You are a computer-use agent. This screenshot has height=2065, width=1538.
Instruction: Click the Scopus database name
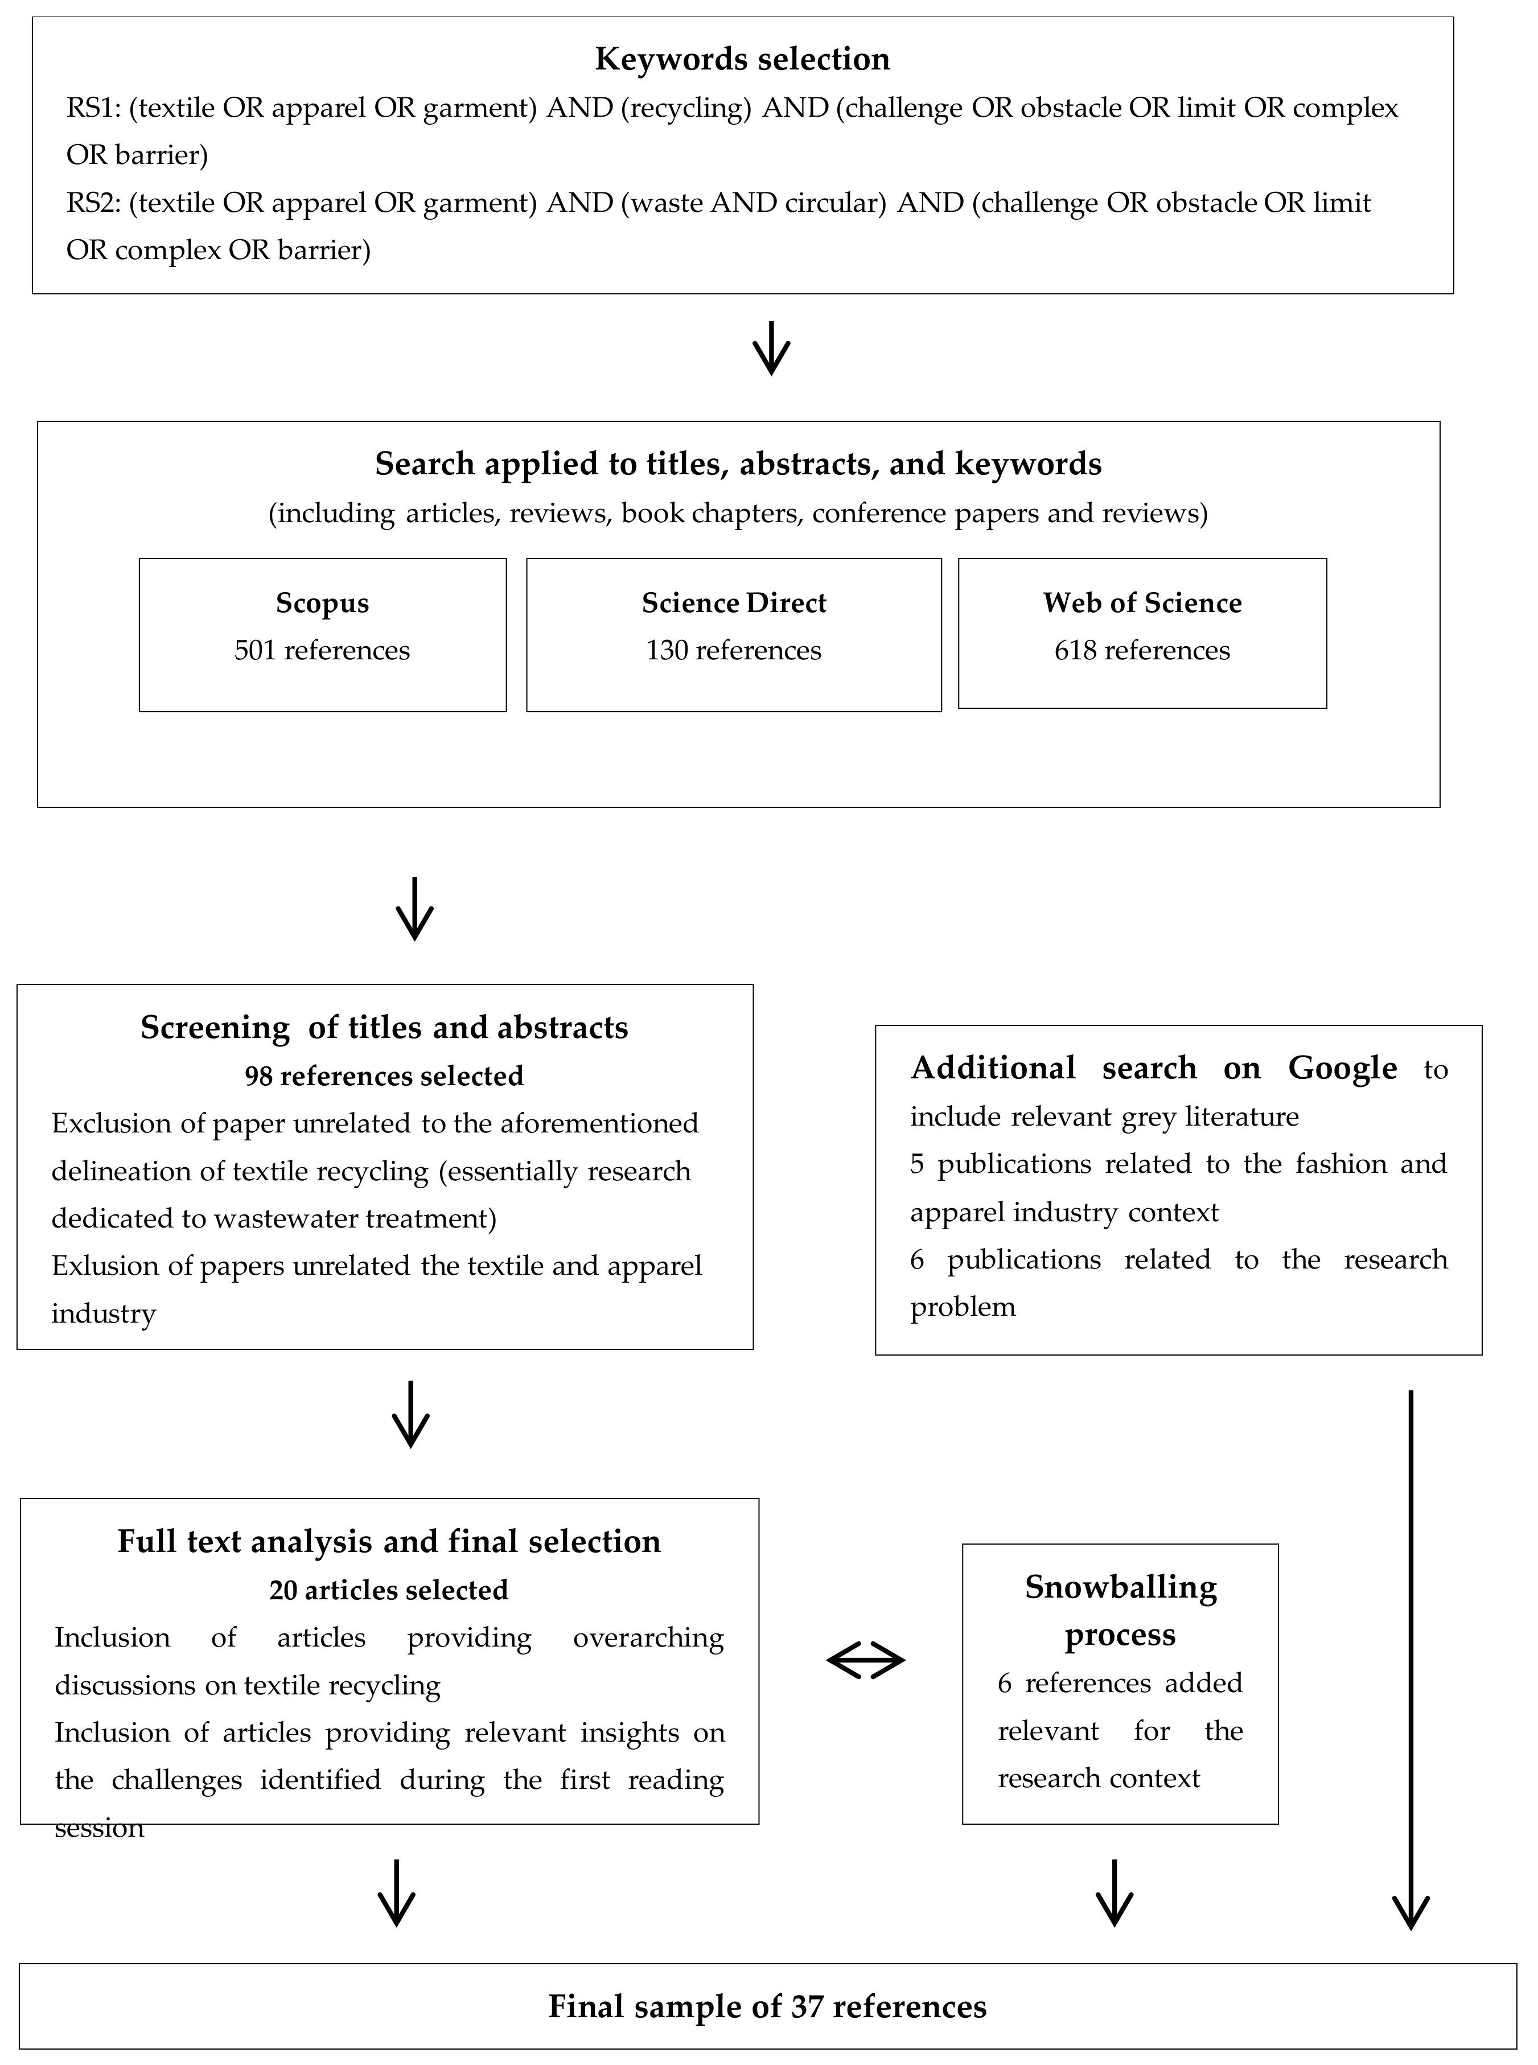322,604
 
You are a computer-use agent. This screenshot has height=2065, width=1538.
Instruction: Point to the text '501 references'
322,651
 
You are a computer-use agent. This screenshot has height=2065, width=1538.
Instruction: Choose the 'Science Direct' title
734,604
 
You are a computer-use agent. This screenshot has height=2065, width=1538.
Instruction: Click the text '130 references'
734,651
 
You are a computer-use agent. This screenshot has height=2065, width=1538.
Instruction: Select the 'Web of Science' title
1142,604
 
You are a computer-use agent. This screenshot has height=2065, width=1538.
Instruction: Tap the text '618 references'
1142,651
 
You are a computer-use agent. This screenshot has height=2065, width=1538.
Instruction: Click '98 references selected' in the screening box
384,1076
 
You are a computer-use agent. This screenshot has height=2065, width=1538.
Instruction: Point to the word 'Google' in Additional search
1343,1068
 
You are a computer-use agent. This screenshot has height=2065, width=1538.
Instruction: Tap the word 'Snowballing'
1120,1587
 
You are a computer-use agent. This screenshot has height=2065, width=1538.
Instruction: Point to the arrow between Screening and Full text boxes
410,1413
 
